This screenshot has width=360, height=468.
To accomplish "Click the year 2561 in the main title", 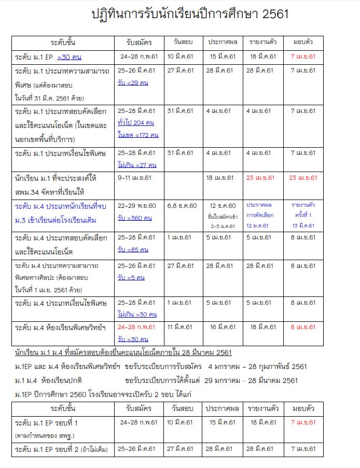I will tap(271, 15).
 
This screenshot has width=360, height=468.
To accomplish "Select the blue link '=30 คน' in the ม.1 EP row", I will tap(69, 56).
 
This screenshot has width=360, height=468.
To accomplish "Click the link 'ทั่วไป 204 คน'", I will tap(136, 123).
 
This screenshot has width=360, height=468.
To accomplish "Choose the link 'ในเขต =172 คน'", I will tap(137, 135).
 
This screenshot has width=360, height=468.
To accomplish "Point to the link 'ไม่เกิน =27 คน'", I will tap(137, 165).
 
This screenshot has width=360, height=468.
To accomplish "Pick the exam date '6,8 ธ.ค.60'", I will tap(182, 206).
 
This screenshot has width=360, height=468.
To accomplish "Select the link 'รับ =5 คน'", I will tap(131, 278).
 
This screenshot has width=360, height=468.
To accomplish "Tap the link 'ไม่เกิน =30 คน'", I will tap(137, 314).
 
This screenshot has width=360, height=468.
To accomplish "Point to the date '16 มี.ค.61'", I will tap(223, 327).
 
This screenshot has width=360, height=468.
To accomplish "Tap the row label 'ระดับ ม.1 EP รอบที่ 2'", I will tap(61, 449).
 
